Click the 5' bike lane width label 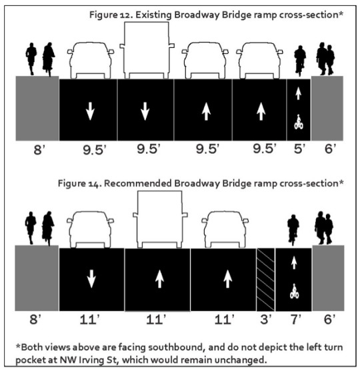click(x=299, y=149)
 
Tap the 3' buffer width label click(x=266, y=319)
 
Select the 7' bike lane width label click(x=296, y=319)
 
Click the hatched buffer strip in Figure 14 click(x=265, y=279)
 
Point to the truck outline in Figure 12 click(x=147, y=50)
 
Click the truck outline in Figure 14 click(x=160, y=219)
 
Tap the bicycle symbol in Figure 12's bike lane click(x=299, y=122)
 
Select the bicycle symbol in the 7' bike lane click(x=294, y=291)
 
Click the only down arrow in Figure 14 click(x=91, y=279)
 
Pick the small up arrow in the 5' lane click(x=298, y=93)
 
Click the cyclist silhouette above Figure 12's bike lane click(x=300, y=61)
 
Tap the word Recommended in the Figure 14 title click(x=137, y=183)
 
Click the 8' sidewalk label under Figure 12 click(x=39, y=150)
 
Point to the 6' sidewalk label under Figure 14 click(x=329, y=319)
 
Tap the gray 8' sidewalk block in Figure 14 click(x=37, y=278)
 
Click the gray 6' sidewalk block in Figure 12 click(x=327, y=109)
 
